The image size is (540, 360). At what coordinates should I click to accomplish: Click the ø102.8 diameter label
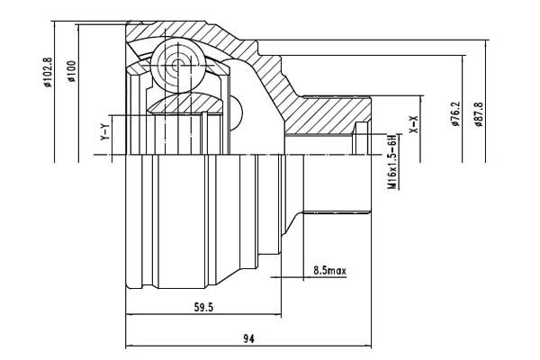47,72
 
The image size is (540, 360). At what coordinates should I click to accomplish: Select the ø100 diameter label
72,71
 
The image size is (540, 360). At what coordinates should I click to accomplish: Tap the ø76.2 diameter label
456,113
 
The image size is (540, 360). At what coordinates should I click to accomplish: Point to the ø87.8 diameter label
479,114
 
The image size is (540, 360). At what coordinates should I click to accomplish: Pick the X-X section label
413,124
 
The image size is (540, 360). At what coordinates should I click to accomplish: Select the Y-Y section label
104,131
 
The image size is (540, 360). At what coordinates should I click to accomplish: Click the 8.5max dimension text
329,270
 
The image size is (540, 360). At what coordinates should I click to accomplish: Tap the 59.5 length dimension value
204,307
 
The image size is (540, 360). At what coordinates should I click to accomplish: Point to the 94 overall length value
248,338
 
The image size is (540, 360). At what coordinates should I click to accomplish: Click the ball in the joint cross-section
178,65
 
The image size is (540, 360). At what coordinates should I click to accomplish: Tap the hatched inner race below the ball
184,103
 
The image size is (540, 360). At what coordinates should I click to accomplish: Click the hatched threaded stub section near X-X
328,115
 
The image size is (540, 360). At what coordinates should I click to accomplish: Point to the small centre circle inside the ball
177,65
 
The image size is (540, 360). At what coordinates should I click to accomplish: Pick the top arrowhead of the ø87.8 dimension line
486,44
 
